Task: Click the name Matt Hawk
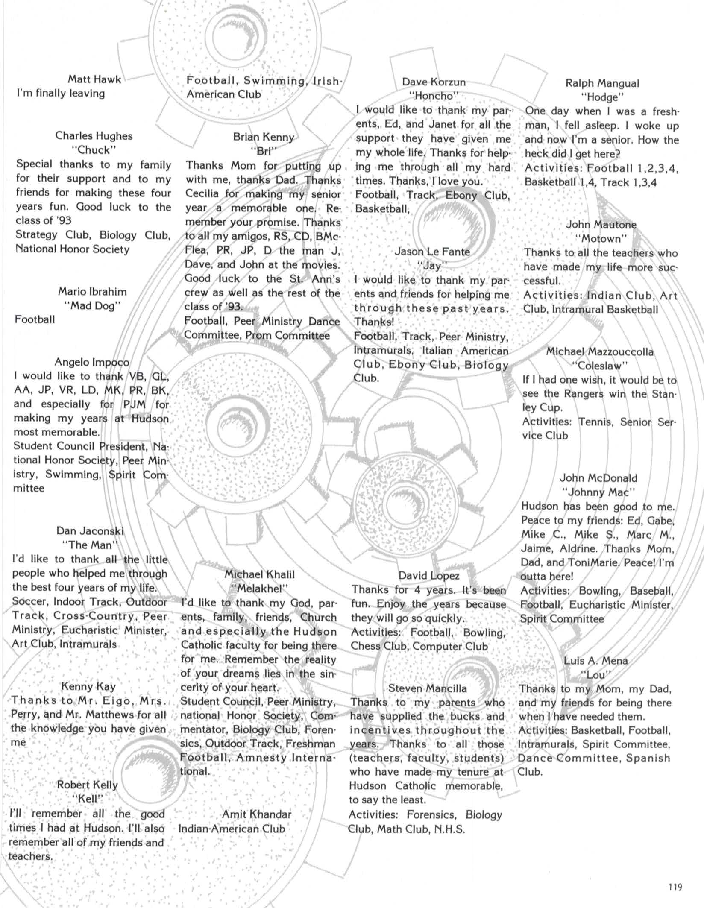click(x=94, y=79)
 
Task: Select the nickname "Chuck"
click(x=94, y=150)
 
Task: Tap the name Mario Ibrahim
click(x=93, y=292)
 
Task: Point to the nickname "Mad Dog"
click(x=93, y=306)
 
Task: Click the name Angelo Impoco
click(x=92, y=362)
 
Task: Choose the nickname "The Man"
click(x=90, y=545)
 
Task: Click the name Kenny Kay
click(x=88, y=686)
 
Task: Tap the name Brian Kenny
click(x=264, y=137)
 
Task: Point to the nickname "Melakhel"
click(x=259, y=589)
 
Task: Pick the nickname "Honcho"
click(x=434, y=96)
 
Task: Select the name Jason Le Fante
click(x=432, y=252)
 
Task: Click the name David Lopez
click(x=429, y=576)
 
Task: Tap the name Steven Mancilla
click(x=428, y=688)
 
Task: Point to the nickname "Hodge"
click(x=602, y=97)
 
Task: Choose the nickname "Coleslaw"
click(x=600, y=366)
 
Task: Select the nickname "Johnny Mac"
click(x=598, y=492)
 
